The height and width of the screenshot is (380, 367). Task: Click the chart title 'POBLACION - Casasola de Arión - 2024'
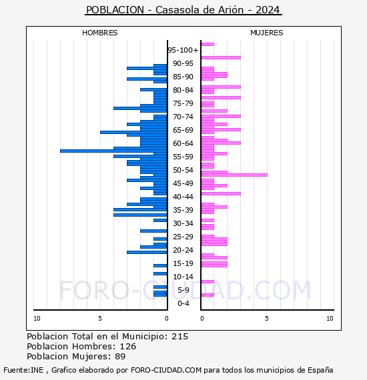[183, 10]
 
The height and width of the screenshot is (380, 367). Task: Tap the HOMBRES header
[99, 33]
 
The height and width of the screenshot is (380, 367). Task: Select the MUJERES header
[266, 33]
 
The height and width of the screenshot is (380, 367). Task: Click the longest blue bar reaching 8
[113, 151]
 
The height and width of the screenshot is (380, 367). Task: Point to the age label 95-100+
[183, 50]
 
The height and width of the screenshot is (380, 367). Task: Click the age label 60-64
[183, 143]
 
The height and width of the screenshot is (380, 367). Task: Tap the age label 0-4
[183, 303]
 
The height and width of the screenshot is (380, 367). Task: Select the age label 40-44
[183, 197]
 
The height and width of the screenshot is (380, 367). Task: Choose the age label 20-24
[183, 250]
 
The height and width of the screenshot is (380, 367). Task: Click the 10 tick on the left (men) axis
[37, 319]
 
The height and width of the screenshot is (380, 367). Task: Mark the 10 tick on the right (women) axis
[330, 319]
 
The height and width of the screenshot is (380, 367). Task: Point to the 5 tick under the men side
[101, 319]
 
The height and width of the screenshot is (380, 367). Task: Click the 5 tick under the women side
[266, 319]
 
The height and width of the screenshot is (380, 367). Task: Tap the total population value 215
[179, 337]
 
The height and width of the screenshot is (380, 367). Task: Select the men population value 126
[127, 347]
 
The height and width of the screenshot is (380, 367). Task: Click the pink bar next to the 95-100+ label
[208, 45]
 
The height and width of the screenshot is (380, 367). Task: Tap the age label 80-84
[183, 90]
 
